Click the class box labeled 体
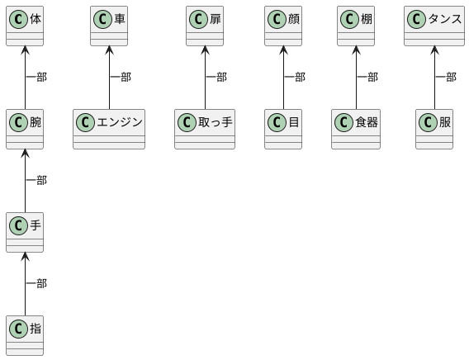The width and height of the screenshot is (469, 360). [25, 26]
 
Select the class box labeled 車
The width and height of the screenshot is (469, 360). [109, 26]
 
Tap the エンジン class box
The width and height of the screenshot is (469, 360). [109, 129]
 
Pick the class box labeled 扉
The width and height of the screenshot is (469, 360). [205, 26]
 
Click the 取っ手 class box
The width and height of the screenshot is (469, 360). [205, 129]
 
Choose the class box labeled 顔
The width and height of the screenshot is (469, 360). [283, 26]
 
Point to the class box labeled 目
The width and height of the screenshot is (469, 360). [283, 129]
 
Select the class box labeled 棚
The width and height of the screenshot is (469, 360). [356, 26]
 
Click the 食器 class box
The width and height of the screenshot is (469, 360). [356, 129]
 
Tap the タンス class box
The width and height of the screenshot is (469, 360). [434, 26]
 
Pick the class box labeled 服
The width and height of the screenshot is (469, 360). [434, 129]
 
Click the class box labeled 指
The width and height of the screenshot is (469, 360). [25, 335]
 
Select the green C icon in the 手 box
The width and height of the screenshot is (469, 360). [18, 225]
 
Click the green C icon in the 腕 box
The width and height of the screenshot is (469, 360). [18, 122]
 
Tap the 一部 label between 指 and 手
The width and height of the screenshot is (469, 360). [37, 283]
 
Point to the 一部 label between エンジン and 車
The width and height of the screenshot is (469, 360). [121, 77]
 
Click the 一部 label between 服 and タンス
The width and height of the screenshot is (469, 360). [446, 77]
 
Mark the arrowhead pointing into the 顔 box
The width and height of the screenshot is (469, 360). [283, 50]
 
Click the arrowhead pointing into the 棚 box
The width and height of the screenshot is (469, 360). [356, 50]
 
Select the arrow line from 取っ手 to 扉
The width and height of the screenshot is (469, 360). [205, 78]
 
